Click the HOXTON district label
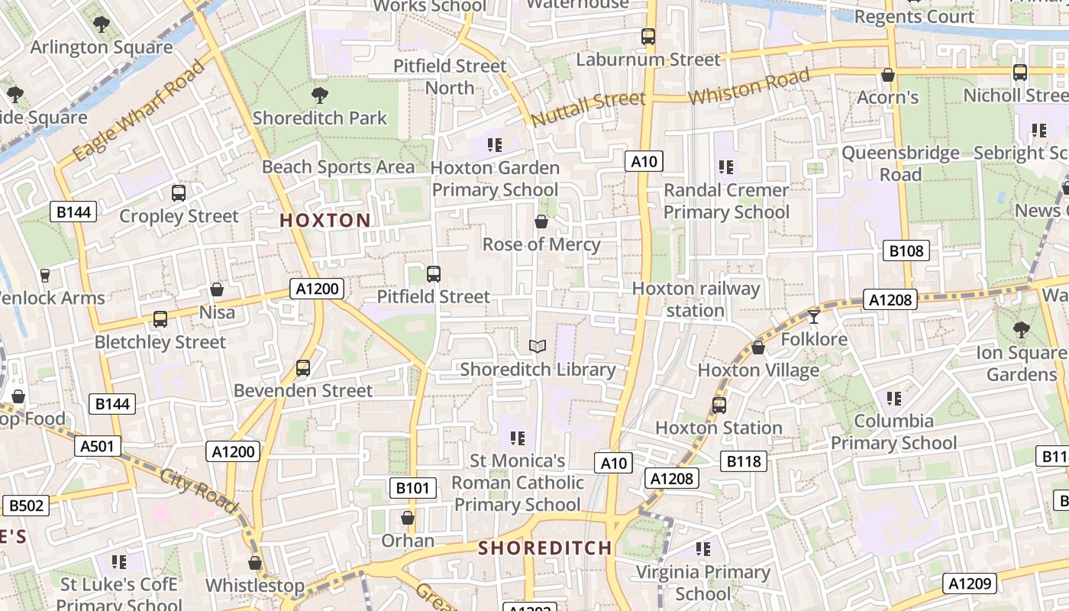pyautogui.click(x=325, y=221)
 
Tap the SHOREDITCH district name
pyautogui.click(x=545, y=548)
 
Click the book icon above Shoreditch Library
pyautogui.click(x=538, y=347)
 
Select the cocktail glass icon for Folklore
pyautogui.click(x=814, y=316)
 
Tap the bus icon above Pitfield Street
pyautogui.click(x=434, y=273)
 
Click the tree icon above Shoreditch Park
pyautogui.click(x=320, y=95)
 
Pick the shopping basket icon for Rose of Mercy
pyautogui.click(x=541, y=222)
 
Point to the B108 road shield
pyautogui.click(x=906, y=251)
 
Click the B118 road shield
pyautogui.click(x=744, y=461)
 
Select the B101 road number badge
pyautogui.click(x=413, y=488)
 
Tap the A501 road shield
pyautogui.click(x=97, y=446)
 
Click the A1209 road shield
pyautogui.click(x=970, y=584)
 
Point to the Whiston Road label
pyautogui.click(x=749, y=88)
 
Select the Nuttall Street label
pyautogui.click(x=588, y=109)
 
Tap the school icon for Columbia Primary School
pyautogui.click(x=894, y=399)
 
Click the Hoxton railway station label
pyautogui.click(x=696, y=299)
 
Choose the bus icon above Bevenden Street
pyautogui.click(x=303, y=368)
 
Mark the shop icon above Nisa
pyautogui.click(x=217, y=290)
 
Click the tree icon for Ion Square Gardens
pyautogui.click(x=1021, y=330)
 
